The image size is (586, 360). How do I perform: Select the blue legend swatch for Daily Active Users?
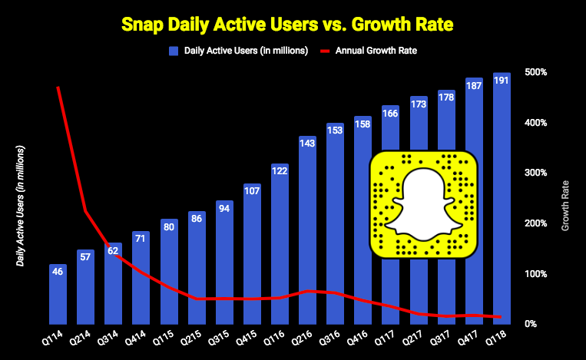174,51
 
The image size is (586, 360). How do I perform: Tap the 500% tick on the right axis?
535,72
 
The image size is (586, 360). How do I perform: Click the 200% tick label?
535,223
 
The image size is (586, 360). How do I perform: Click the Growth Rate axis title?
566,206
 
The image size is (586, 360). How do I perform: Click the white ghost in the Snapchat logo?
422,204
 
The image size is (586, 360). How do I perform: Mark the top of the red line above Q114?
58,88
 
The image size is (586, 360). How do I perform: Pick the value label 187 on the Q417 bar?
475,85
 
